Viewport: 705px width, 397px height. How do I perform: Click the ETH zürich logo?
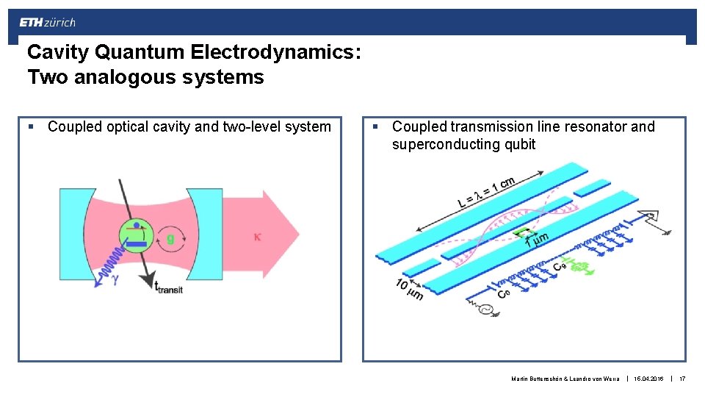point(47,23)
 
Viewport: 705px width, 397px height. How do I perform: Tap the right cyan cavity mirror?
point(206,233)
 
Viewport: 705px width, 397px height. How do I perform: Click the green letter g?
point(170,238)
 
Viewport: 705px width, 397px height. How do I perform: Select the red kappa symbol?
point(258,237)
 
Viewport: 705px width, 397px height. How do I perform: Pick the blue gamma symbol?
point(115,279)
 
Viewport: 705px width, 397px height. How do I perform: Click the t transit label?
point(167,287)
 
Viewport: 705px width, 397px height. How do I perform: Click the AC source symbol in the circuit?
point(485,311)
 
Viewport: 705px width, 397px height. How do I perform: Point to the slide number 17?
point(682,379)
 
